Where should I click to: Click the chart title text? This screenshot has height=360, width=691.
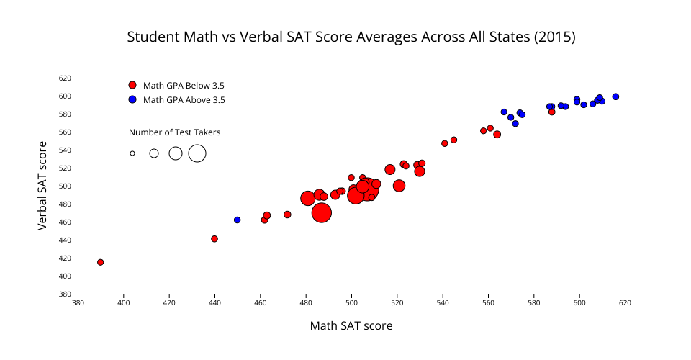(x=351, y=37)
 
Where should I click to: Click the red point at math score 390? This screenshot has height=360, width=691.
(x=101, y=262)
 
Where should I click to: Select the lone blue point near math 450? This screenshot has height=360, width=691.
(x=238, y=220)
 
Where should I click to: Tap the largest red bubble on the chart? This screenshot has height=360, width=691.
(x=322, y=212)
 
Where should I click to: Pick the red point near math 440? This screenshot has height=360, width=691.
(x=214, y=238)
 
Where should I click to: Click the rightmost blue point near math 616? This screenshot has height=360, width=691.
(x=615, y=96)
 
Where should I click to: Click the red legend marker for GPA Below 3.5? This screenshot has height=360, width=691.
(x=132, y=85)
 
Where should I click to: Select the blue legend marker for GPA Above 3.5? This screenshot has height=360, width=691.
(x=132, y=99)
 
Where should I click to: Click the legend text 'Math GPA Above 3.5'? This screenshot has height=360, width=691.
(x=184, y=100)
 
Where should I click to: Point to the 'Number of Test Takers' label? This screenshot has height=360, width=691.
(x=175, y=132)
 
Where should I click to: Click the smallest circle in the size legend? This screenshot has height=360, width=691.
(x=132, y=153)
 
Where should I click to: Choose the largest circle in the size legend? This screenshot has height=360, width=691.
(x=197, y=153)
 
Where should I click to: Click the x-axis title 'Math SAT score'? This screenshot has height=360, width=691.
(x=351, y=326)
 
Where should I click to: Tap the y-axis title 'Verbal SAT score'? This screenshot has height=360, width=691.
(x=42, y=186)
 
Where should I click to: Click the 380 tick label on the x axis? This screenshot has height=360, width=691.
(x=78, y=302)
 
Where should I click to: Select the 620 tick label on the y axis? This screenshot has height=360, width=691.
(x=65, y=78)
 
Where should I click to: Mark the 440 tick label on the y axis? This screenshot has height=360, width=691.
(x=65, y=240)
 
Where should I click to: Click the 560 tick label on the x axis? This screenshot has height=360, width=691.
(x=488, y=302)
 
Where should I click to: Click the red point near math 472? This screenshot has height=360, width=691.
(x=287, y=215)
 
